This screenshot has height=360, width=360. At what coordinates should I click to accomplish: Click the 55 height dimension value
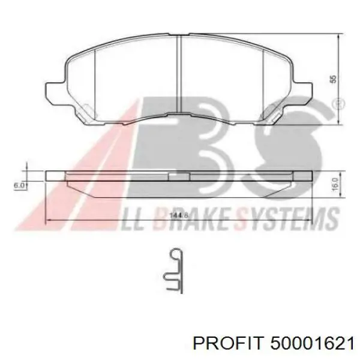pyautogui.click(x=334, y=79)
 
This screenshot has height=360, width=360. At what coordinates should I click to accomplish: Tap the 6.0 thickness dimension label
pyautogui.click(x=20, y=185)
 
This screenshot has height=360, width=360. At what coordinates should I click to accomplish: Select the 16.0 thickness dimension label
pyautogui.click(x=335, y=184)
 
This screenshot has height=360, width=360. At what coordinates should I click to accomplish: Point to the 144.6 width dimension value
pyautogui.click(x=179, y=215)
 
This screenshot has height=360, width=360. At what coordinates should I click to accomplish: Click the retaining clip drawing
pyautogui.click(x=174, y=271)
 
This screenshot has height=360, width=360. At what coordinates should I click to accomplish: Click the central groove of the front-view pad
pyautogui.click(x=179, y=74)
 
